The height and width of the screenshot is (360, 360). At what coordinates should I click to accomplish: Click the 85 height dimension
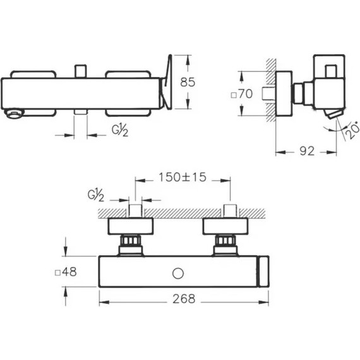tap(188, 82)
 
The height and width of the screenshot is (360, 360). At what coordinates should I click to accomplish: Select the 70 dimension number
tap(246, 93)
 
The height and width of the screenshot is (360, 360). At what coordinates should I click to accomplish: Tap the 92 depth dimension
tap(307, 151)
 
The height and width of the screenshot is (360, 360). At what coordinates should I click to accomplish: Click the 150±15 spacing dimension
tap(183, 177)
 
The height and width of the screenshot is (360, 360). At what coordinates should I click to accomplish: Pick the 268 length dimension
tap(184, 299)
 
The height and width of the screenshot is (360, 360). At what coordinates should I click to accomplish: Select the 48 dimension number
tap(69, 272)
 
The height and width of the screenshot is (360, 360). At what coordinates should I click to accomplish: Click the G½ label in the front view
tap(120, 130)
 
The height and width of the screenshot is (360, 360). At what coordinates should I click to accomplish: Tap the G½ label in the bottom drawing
tap(96, 195)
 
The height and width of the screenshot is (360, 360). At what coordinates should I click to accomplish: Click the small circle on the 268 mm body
tap(178, 273)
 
